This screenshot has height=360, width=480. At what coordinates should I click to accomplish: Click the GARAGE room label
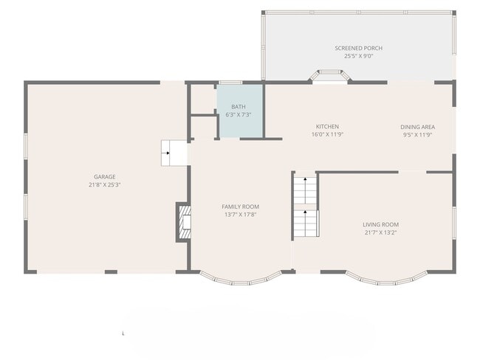[105, 177]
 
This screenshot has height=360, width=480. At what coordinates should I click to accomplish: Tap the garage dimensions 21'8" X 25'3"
[105, 184]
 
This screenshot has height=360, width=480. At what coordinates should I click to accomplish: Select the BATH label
[239, 107]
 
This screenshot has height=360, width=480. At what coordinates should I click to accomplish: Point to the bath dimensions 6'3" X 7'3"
[239, 114]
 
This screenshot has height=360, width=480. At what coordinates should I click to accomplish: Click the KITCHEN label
[327, 127]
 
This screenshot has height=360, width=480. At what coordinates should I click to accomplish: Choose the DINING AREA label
[417, 127]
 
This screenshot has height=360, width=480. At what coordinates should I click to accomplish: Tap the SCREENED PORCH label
[358, 48]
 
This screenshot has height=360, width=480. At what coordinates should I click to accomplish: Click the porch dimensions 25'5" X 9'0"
[358, 56]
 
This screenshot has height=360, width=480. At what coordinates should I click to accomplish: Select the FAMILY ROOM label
[240, 207]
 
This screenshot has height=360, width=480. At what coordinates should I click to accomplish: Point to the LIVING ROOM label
[380, 224]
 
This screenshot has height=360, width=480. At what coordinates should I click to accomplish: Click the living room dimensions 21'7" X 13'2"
[380, 232]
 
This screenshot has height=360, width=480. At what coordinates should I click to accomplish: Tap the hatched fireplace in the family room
[185, 222]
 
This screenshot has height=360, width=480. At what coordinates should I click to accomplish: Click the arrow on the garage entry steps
[167, 153]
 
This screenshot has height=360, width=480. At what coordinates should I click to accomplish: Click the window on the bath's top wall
[230, 83]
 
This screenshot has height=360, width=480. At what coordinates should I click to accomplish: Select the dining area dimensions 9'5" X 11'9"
[417, 135]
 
